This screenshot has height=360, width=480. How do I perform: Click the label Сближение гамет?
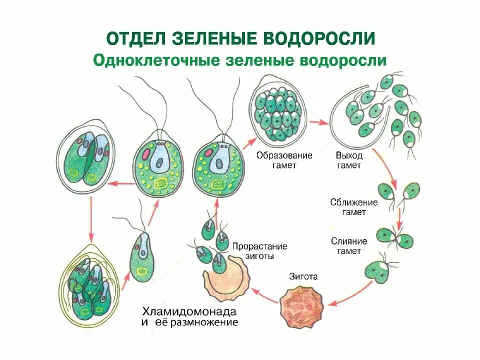coord(353,207)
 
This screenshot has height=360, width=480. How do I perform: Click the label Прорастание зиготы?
coord(259,251)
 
